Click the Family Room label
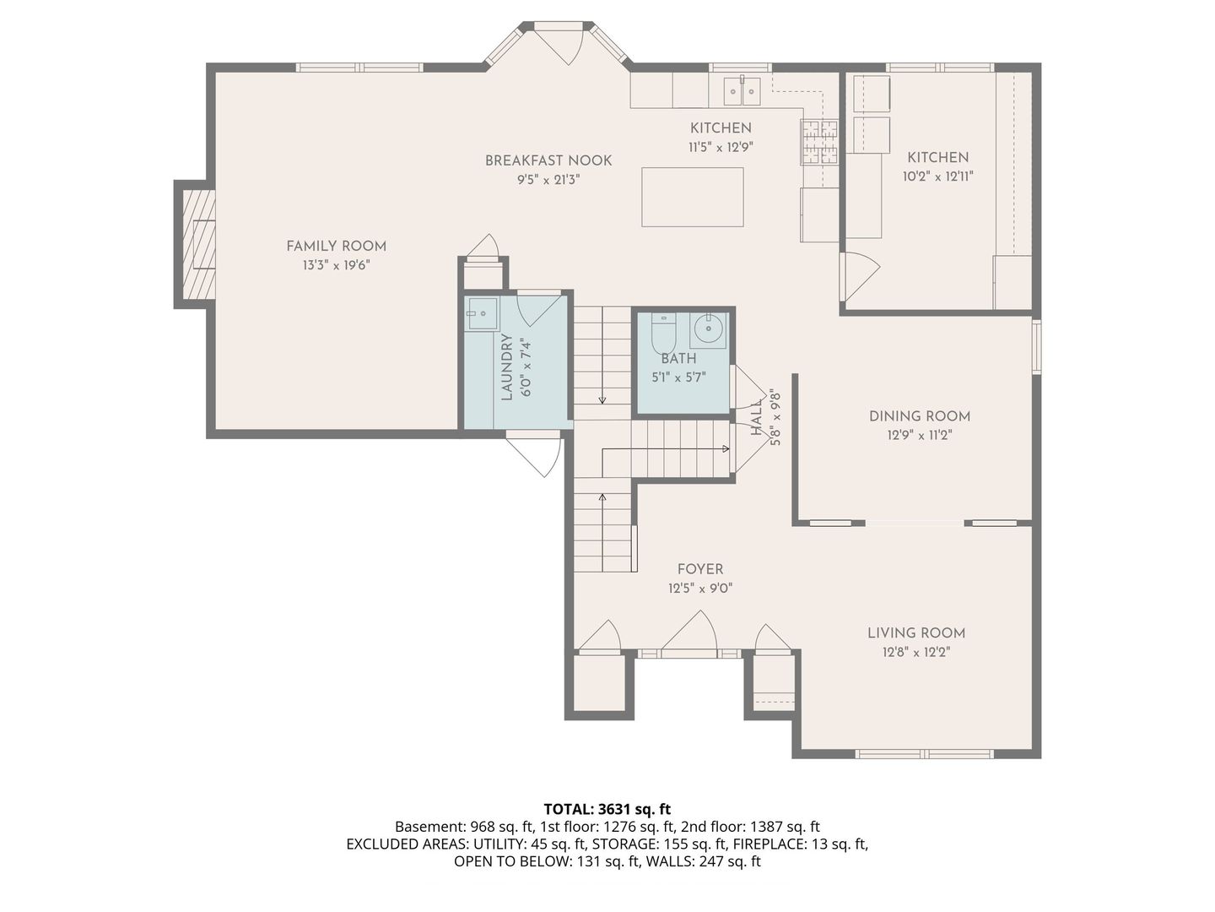(336, 246)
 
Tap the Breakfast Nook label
(548, 160)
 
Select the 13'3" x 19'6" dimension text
(336, 265)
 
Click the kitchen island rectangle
(692, 197)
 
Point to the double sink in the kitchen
(742, 92)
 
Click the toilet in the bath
(662, 332)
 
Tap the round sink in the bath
(708, 330)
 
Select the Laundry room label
(507, 366)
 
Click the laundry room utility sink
(480, 313)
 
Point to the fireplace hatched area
(199, 245)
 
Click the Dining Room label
(920, 416)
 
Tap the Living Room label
(916, 633)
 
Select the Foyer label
(700, 568)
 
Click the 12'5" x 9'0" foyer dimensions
(700, 588)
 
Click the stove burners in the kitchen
(820, 143)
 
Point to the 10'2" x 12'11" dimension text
(937, 176)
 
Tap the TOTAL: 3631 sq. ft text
(607, 809)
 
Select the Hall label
(757, 417)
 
